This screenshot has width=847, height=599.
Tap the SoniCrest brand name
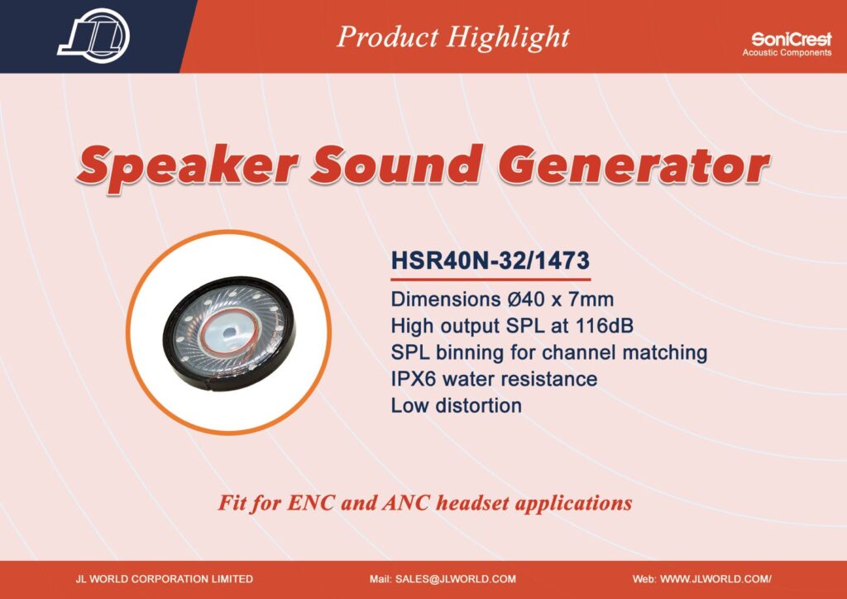click(x=792, y=39)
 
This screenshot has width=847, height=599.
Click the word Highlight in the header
click(x=508, y=38)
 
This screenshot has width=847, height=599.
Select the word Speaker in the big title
click(x=187, y=166)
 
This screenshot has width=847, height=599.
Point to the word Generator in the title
click(x=634, y=164)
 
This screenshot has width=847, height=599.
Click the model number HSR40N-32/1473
click(x=490, y=261)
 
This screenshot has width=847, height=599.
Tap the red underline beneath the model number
click(x=490, y=280)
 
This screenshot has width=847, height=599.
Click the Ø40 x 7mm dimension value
click(x=561, y=299)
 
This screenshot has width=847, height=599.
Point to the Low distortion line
click(x=457, y=405)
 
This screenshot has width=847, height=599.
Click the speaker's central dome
click(x=229, y=331)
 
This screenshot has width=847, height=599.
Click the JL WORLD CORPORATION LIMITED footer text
click(x=165, y=579)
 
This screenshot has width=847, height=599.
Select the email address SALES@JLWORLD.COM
click(x=456, y=579)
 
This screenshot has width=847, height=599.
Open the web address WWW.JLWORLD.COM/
click(x=715, y=579)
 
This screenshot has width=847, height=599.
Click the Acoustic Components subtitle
click(x=787, y=53)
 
